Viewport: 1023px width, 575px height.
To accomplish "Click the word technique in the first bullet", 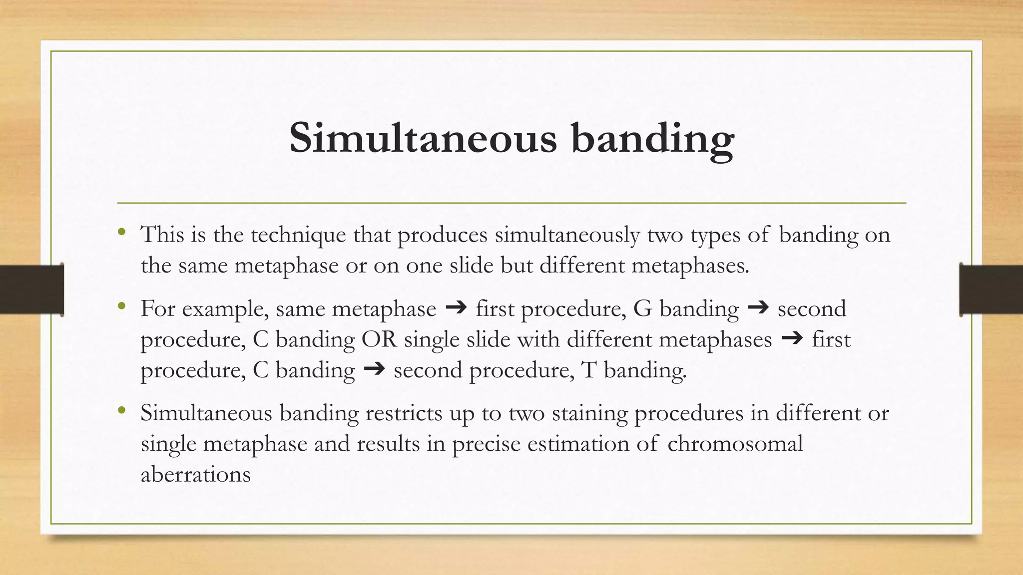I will point(298,235).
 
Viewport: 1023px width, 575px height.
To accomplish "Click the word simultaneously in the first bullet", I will point(567,235).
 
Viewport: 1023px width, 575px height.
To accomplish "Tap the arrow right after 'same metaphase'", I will point(456,308).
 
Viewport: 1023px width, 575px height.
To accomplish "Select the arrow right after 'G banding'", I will point(758,308).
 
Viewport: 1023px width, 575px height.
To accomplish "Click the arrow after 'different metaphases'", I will point(792,339).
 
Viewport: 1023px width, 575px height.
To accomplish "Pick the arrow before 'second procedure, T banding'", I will point(374,369).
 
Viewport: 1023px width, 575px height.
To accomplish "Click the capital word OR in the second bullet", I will point(379,339).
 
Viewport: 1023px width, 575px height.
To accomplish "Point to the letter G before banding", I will point(643,308).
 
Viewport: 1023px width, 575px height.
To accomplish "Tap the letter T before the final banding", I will point(589,370).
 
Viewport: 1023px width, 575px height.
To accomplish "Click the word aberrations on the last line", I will point(195,474).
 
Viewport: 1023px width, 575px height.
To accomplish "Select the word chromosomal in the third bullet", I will point(735,443).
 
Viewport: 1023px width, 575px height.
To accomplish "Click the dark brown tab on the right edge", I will point(991,289).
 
